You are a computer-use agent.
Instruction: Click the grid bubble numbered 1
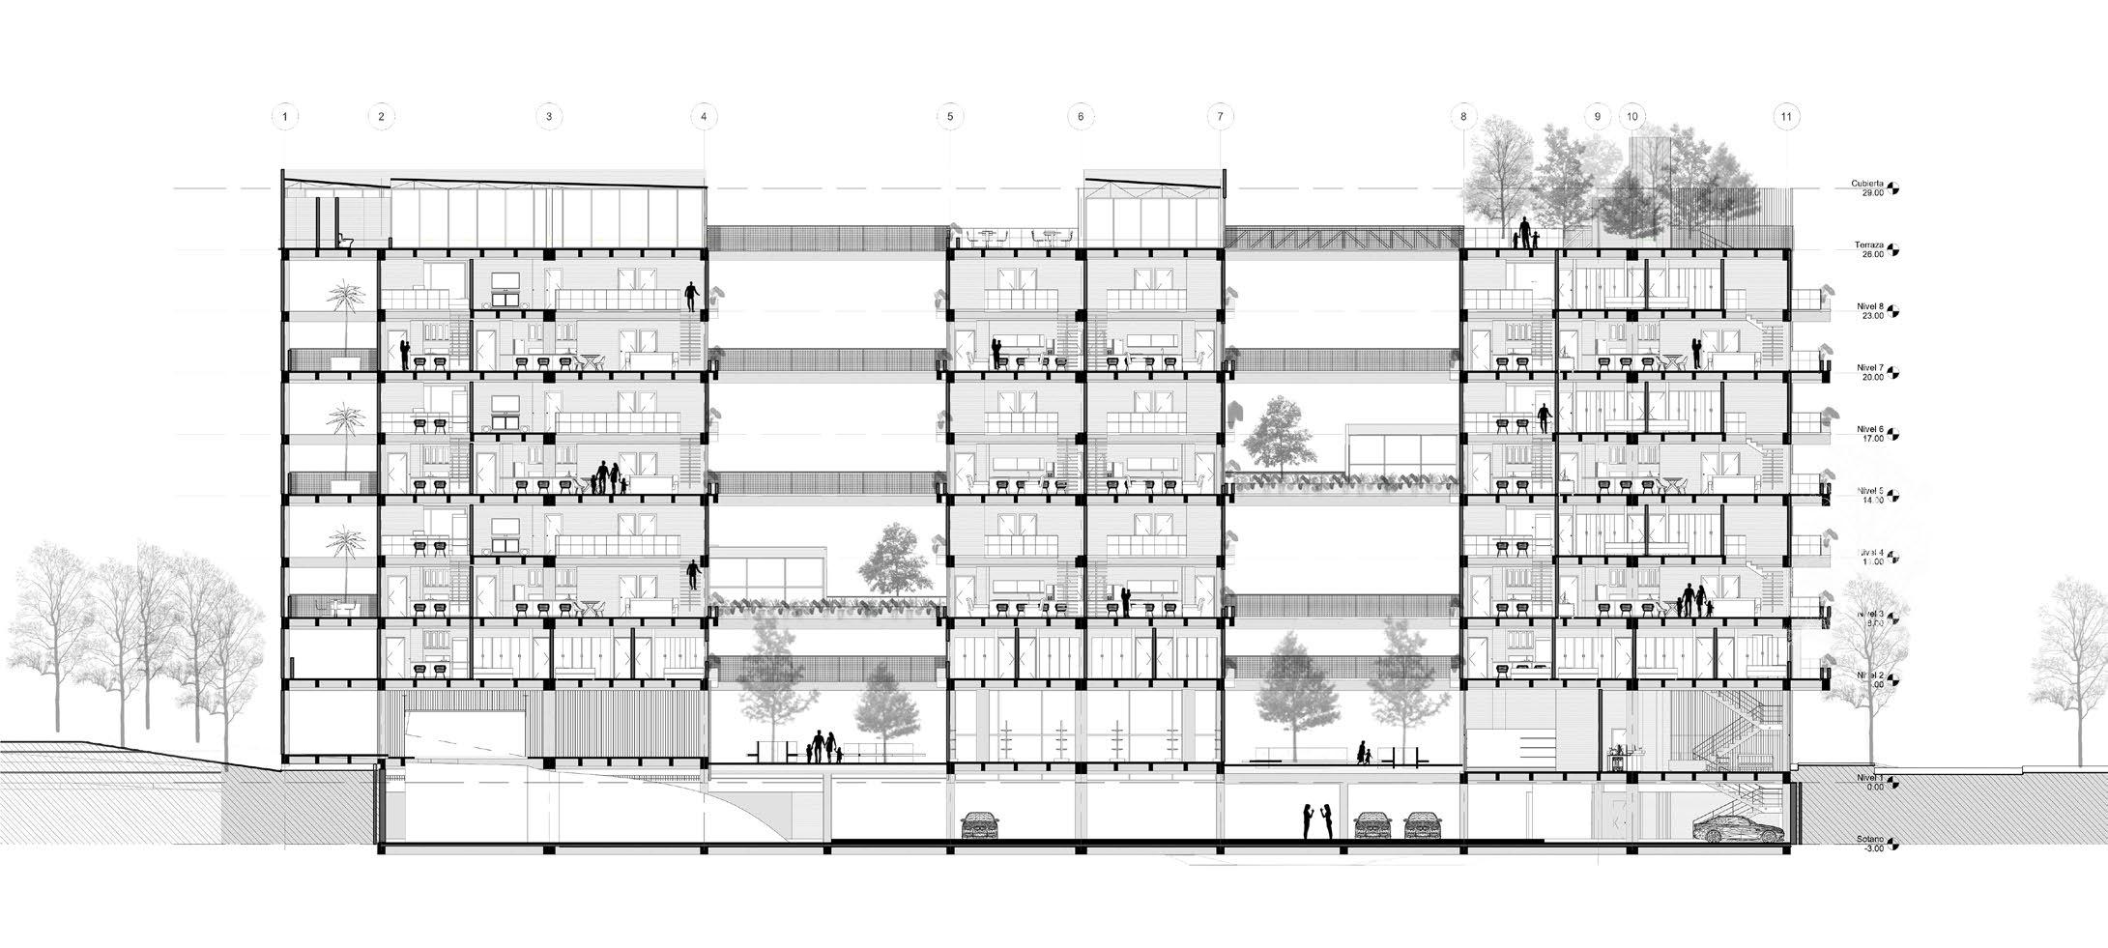pyautogui.click(x=284, y=117)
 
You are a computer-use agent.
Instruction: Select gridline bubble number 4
pyautogui.click(x=704, y=117)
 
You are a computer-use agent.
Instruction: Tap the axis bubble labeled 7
pyautogui.click(x=1220, y=117)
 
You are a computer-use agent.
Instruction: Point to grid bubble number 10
pyautogui.click(x=1632, y=117)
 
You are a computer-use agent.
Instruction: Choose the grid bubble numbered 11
pyautogui.click(x=1786, y=117)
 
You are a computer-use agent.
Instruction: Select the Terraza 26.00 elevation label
pyautogui.click(x=1860, y=249)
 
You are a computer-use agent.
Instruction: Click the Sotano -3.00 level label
pyautogui.click(x=1860, y=844)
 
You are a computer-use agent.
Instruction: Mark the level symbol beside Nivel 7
pyautogui.click(x=1895, y=370)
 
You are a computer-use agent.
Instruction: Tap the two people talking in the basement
pyautogui.click(x=1316, y=822)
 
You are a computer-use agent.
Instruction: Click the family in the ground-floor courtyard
pyautogui.click(x=822, y=746)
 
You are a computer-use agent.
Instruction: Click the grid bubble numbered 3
pyautogui.click(x=548, y=117)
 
